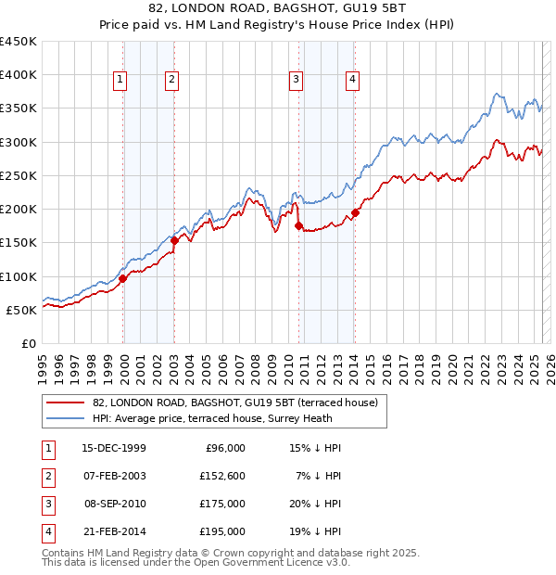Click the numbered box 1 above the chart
120,81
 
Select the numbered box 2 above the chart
172,81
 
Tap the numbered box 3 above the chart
296,81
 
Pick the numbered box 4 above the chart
353,81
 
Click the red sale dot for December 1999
122,277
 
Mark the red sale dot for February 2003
174,241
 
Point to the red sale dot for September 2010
298,225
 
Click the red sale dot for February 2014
355,212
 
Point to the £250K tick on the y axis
19,175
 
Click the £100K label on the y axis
19,276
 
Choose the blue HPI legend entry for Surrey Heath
233,419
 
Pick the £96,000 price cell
223,448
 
